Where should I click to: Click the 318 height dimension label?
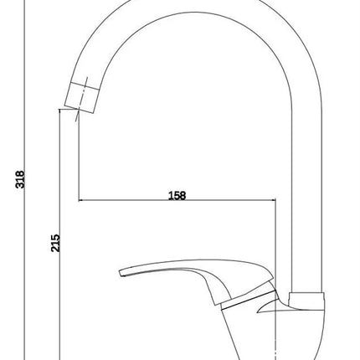20,179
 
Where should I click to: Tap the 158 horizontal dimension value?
177,195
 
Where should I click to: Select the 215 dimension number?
55,243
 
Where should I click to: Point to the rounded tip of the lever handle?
121,273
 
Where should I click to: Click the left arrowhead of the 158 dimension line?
81,200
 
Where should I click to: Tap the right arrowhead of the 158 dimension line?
273,200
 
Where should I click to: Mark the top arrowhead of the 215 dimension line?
59,111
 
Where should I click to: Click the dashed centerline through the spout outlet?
81,99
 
